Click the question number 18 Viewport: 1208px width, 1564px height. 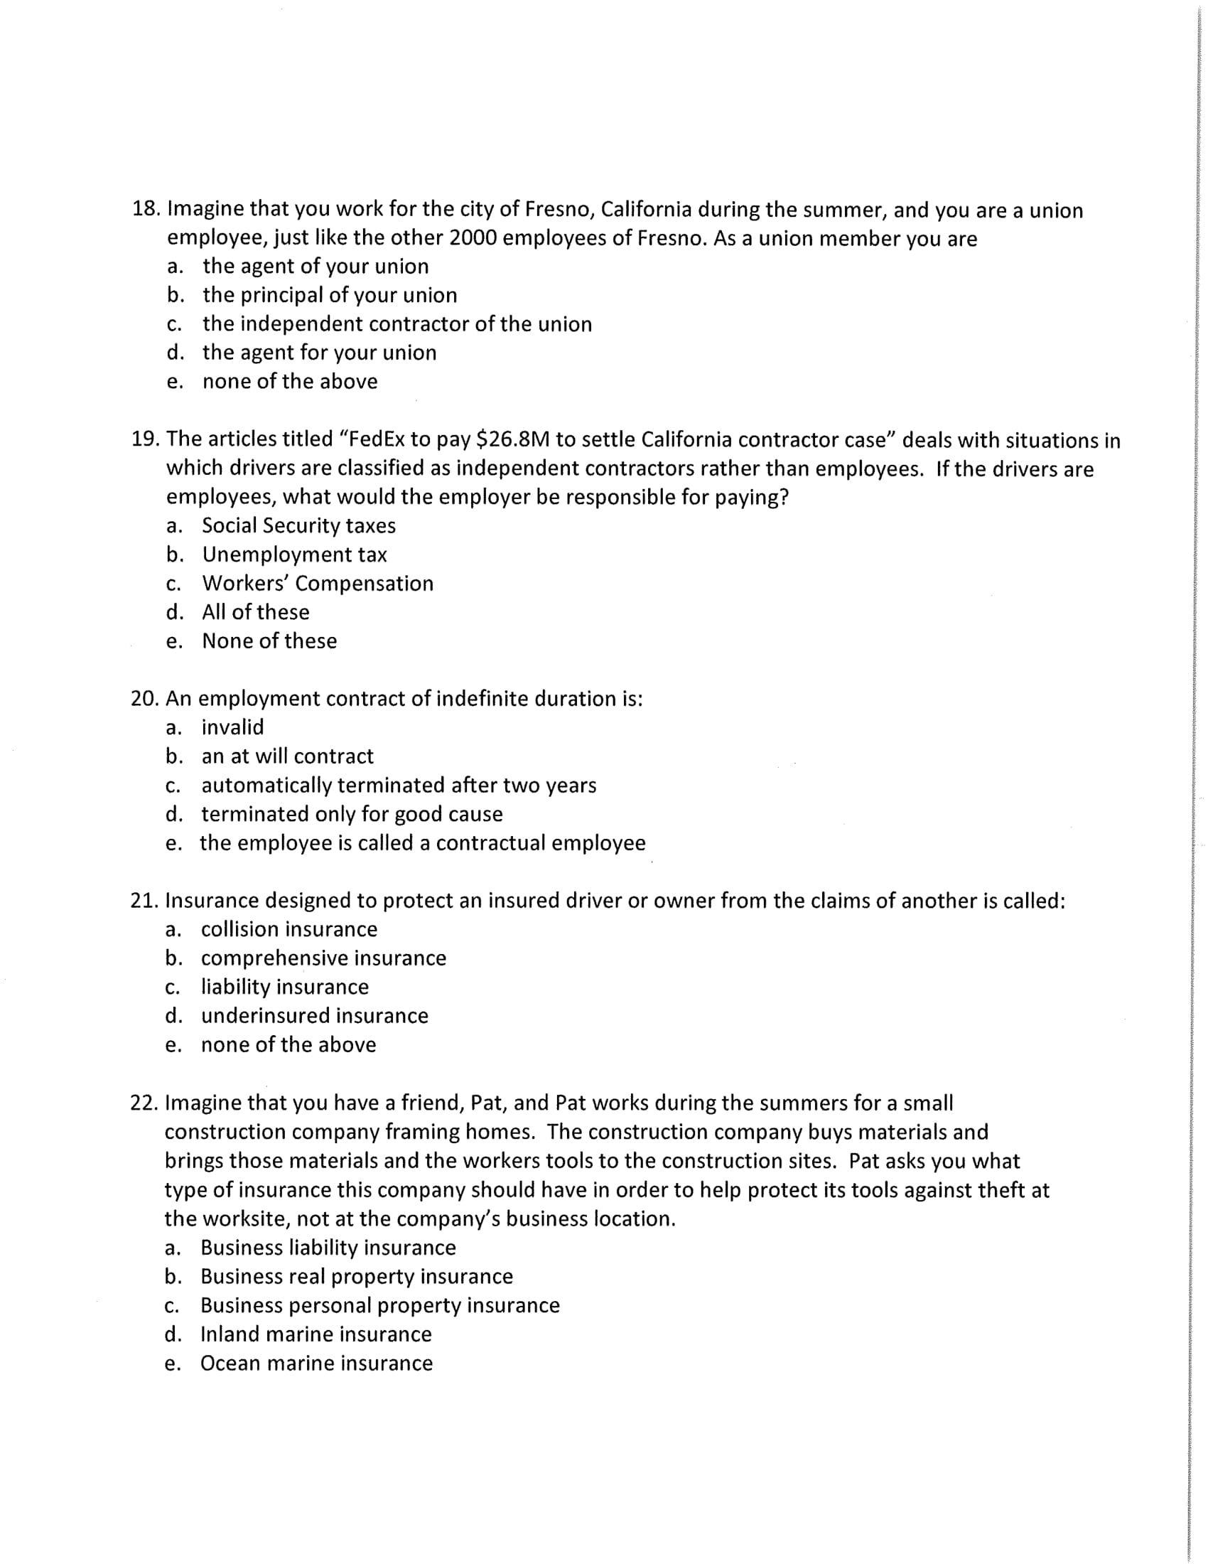point(146,209)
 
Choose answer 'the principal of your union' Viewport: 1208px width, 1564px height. point(330,295)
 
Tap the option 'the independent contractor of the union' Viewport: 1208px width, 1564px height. point(397,324)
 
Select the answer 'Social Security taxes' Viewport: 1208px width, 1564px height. point(298,525)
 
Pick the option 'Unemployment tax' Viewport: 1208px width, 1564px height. point(294,555)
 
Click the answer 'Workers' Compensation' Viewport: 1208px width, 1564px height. point(318,584)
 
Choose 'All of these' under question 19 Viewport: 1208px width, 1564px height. point(256,612)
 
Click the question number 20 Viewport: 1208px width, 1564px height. point(144,699)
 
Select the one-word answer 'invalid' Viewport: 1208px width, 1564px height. point(232,727)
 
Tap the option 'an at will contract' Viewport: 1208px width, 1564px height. point(287,757)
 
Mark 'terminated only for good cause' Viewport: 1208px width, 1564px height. point(351,814)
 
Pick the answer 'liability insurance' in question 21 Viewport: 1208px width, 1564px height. point(285,987)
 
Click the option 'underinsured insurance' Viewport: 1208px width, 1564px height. point(314,1016)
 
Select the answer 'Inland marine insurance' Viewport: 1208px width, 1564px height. point(316,1334)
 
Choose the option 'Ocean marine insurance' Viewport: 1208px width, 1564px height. point(316,1364)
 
